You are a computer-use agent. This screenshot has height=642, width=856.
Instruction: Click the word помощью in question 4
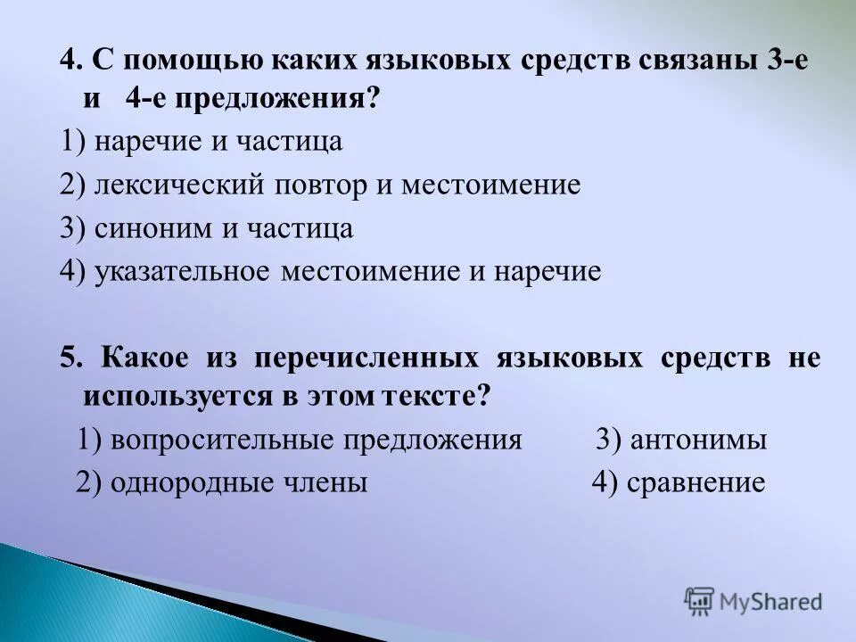(171, 62)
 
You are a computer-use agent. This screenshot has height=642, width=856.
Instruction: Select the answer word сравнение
(695, 483)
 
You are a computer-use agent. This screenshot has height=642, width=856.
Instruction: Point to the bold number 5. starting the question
(71, 358)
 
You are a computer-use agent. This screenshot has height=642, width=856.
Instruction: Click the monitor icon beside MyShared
(700, 601)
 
